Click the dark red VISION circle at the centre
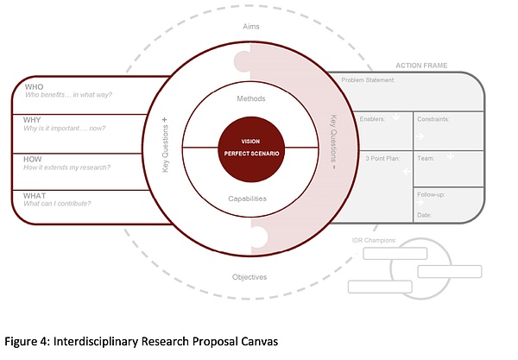251,148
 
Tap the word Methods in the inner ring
251,98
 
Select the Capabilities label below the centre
251,199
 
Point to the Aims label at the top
251,28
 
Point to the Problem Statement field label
369,80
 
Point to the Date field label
425,214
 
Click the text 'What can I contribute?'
58,204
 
